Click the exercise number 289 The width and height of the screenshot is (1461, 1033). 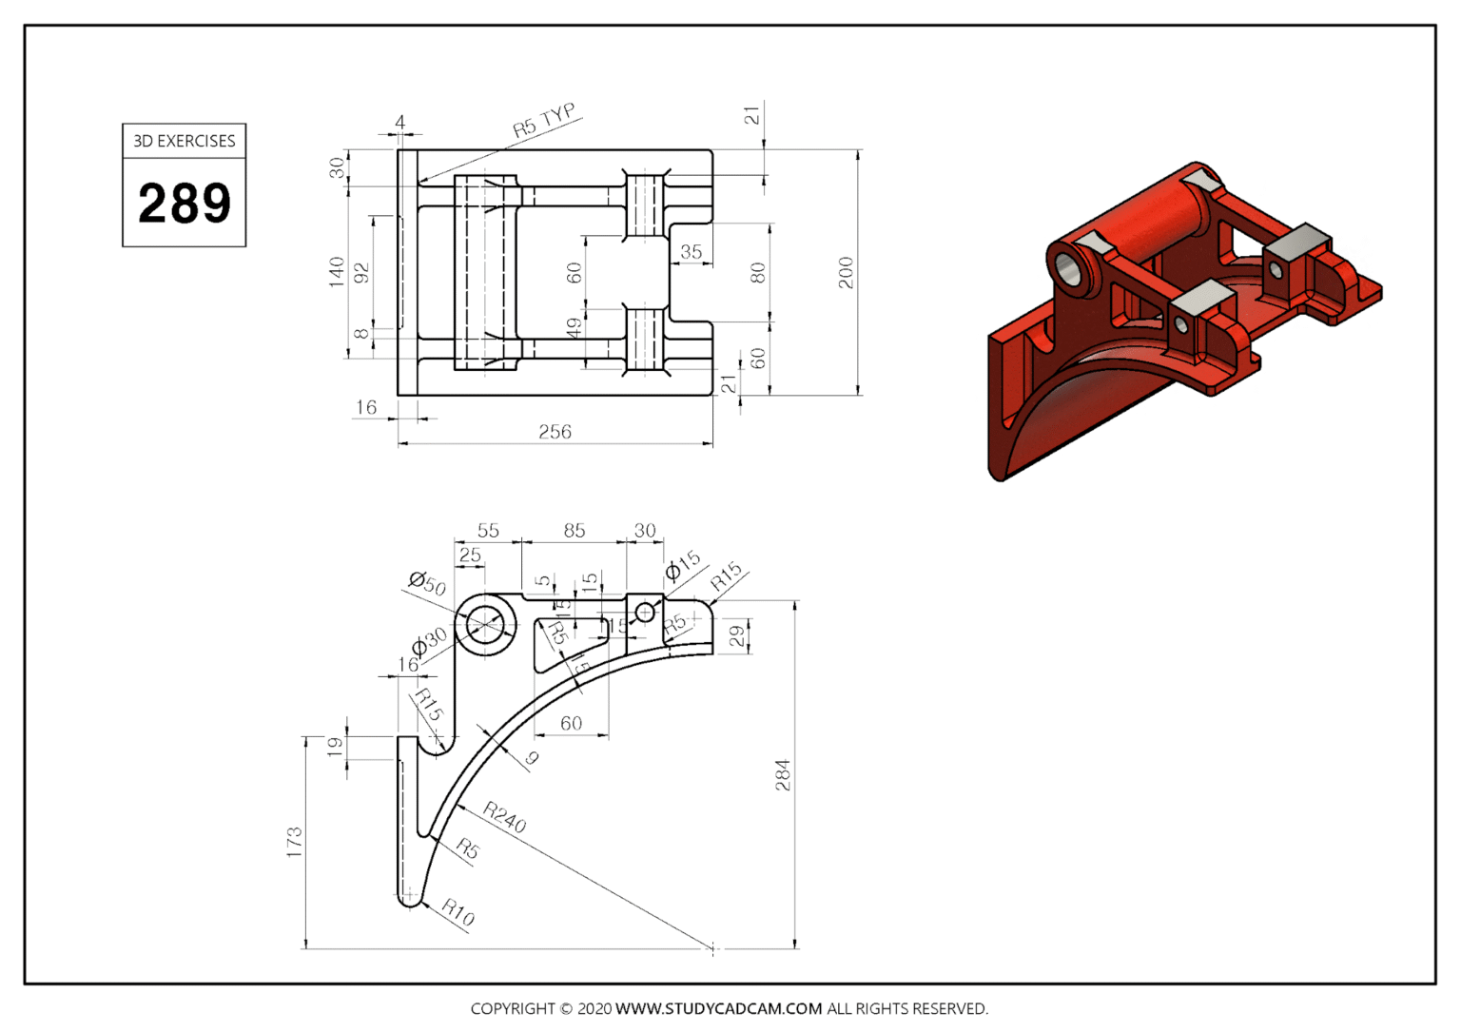pos(185,203)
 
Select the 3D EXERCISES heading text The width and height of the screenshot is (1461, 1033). pos(185,141)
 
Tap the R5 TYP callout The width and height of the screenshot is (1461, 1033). pos(543,121)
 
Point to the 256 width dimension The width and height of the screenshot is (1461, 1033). pos(555,432)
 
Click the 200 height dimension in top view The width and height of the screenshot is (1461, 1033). pos(846,272)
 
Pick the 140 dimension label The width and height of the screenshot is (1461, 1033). pos(336,271)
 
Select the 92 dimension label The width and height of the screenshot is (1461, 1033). pos(361,273)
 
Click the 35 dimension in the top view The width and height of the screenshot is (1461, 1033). pos(692,252)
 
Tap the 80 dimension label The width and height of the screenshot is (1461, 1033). pos(757,273)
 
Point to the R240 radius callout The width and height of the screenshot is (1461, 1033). pos(504,817)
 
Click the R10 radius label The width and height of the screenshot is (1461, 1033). pos(458,913)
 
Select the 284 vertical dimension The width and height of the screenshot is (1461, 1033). pos(782,775)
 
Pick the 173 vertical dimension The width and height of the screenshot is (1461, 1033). pos(294,842)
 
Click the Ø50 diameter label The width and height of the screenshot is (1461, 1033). pos(427,583)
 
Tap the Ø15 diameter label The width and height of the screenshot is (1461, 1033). pos(682,565)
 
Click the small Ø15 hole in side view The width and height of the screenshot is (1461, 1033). pos(645,613)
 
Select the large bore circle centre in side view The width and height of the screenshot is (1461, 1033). pos(486,625)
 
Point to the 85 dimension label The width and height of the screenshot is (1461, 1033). pos(574,531)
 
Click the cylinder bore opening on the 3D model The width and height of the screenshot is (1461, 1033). pos(1072,269)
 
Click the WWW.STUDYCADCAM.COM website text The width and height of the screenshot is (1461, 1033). pos(718,1008)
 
